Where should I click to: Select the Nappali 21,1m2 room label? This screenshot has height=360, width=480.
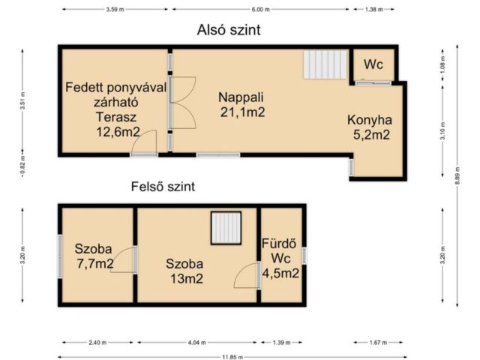[242, 105]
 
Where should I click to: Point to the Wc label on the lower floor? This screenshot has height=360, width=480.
[373, 65]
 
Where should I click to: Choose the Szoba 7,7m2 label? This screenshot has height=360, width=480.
[94, 256]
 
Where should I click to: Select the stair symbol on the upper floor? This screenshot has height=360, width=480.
[226, 228]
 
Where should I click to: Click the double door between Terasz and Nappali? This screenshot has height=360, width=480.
[181, 102]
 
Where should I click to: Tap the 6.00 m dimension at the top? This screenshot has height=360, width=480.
[260, 9]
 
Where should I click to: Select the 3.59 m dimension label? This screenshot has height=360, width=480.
[115, 9]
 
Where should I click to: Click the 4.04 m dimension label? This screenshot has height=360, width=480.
[198, 342]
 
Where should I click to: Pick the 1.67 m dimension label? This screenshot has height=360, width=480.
[379, 342]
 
